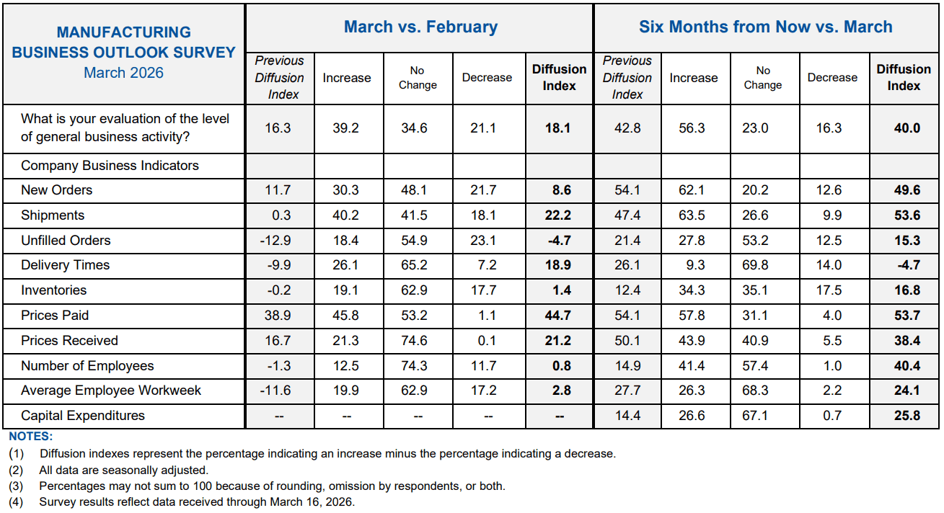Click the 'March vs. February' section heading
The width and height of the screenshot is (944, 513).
[420, 27]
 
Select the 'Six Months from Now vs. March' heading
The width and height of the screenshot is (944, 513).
[766, 27]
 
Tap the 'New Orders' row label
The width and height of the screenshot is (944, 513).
[56, 190]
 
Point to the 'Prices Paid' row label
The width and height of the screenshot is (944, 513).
[55, 316]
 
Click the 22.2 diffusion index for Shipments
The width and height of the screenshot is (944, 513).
[558, 215]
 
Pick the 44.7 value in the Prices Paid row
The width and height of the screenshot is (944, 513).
[558, 316]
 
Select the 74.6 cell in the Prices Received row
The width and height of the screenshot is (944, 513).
[414, 341]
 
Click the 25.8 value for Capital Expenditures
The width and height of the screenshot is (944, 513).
[907, 416]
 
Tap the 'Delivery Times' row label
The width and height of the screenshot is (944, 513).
[66, 265]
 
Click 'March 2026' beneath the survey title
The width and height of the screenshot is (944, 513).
[123, 73]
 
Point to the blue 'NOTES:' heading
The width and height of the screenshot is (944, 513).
[31, 437]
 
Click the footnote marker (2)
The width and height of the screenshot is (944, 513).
[16, 470]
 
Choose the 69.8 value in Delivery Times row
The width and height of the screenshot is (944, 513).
[755, 265]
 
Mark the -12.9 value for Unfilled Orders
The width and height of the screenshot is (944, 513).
[275, 241]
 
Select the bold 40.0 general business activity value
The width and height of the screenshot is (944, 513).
[907, 128]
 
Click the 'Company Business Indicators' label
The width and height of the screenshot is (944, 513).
[110, 166]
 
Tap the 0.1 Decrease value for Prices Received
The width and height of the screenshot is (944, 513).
[487, 341]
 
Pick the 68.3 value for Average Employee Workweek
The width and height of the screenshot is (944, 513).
[755, 391]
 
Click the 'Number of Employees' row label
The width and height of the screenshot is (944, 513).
[87, 365]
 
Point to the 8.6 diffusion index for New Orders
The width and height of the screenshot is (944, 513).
[562, 190]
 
